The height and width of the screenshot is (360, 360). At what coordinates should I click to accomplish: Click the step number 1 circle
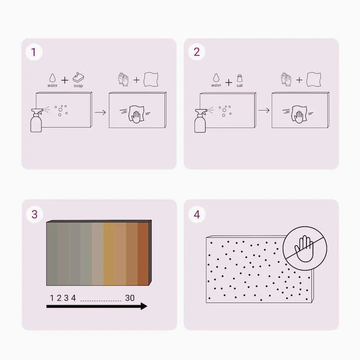34,52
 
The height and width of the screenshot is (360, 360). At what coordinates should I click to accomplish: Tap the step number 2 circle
197,52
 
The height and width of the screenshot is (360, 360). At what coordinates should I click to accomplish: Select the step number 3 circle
34,214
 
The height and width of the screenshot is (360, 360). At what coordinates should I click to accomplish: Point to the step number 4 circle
197,214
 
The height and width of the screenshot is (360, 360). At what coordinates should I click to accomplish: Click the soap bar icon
78,77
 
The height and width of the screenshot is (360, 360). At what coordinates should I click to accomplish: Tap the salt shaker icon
240,78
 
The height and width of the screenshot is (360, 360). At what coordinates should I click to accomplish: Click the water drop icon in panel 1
52,78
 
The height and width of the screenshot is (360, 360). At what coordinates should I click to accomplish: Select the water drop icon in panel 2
216,78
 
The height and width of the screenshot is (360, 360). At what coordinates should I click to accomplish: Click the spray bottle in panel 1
37,120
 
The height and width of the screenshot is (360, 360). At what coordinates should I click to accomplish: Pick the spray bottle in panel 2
200,120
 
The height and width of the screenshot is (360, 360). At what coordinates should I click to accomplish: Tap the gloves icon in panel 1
123,79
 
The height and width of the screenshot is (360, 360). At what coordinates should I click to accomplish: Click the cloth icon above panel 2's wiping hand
314,79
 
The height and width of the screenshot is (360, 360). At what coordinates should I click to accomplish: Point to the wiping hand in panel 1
137,114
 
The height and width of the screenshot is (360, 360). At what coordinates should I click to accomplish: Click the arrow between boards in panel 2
264,110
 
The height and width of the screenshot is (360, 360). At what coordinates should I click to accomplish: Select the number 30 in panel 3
130,298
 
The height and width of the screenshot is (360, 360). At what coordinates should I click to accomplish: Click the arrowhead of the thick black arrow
144,306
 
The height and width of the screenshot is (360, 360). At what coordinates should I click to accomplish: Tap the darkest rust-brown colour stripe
143,254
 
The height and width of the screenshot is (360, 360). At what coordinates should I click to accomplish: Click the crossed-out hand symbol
305,249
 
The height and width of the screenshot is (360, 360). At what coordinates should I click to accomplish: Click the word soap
78,86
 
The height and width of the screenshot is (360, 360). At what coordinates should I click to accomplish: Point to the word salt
240,86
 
